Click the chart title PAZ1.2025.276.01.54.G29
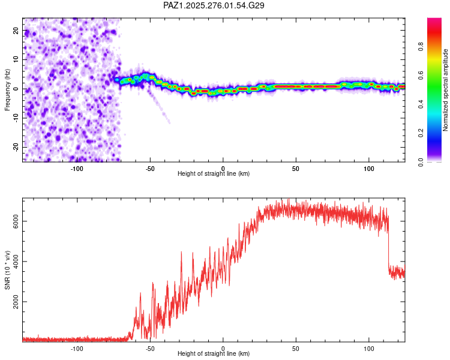click(x=214, y=5)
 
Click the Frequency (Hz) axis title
click(x=7, y=89)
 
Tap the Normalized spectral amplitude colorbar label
click(x=446, y=90)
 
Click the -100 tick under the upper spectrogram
click(x=77, y=169)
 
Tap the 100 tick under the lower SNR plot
click(x=369, y=349)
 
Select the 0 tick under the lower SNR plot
click(x=223, y=349)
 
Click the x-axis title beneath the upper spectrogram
click(x=214, y=174)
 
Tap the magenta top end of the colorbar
click(x=434, y=21)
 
